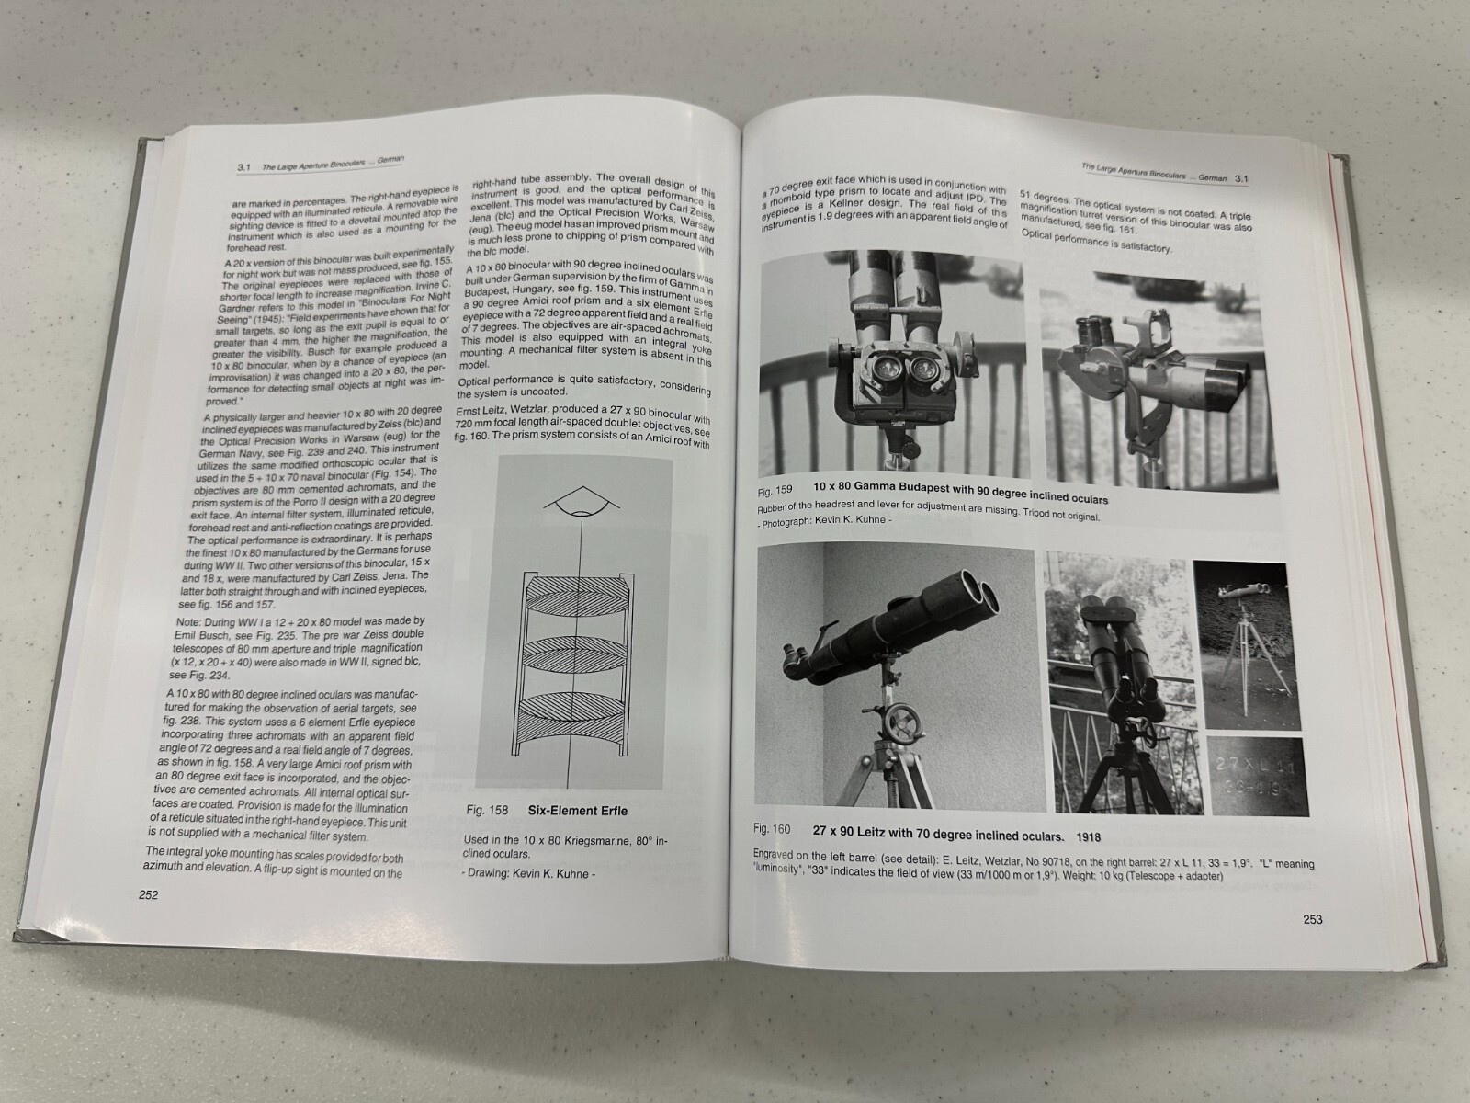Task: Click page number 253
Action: pyautogui.click(x=1312, y=919)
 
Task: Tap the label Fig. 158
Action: pyautogui.click(x=487, y=811)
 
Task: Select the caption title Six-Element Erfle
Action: pyautogui.click(x=578, y=811)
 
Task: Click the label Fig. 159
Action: pyautogui.click(x=775, y=490)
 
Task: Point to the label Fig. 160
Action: pyautogui.click(x=771, y=829)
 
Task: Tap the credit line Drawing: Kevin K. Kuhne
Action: pyautogui.click(x=528, y=873)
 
